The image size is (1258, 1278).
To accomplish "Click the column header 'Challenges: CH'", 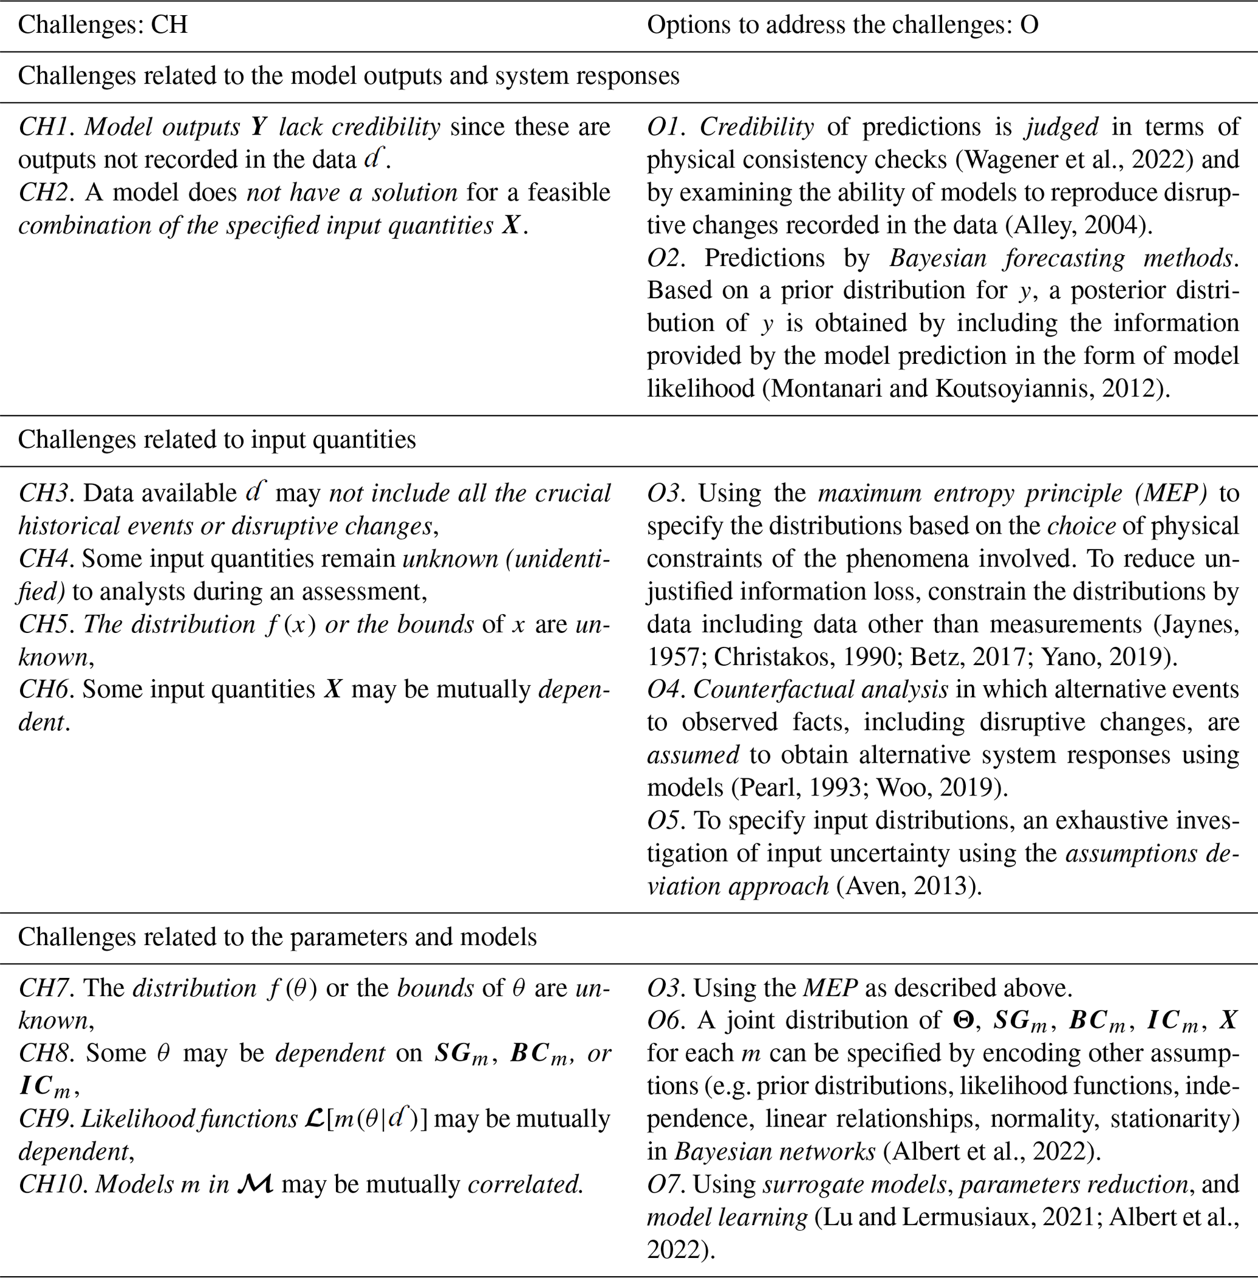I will point(103,25).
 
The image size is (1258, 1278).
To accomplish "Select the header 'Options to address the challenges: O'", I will point(842,25).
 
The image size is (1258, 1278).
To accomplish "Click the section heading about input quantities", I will point(217,439).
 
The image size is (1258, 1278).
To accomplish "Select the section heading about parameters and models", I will point(278,937).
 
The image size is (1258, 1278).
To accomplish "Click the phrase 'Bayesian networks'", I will point(774,1152).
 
